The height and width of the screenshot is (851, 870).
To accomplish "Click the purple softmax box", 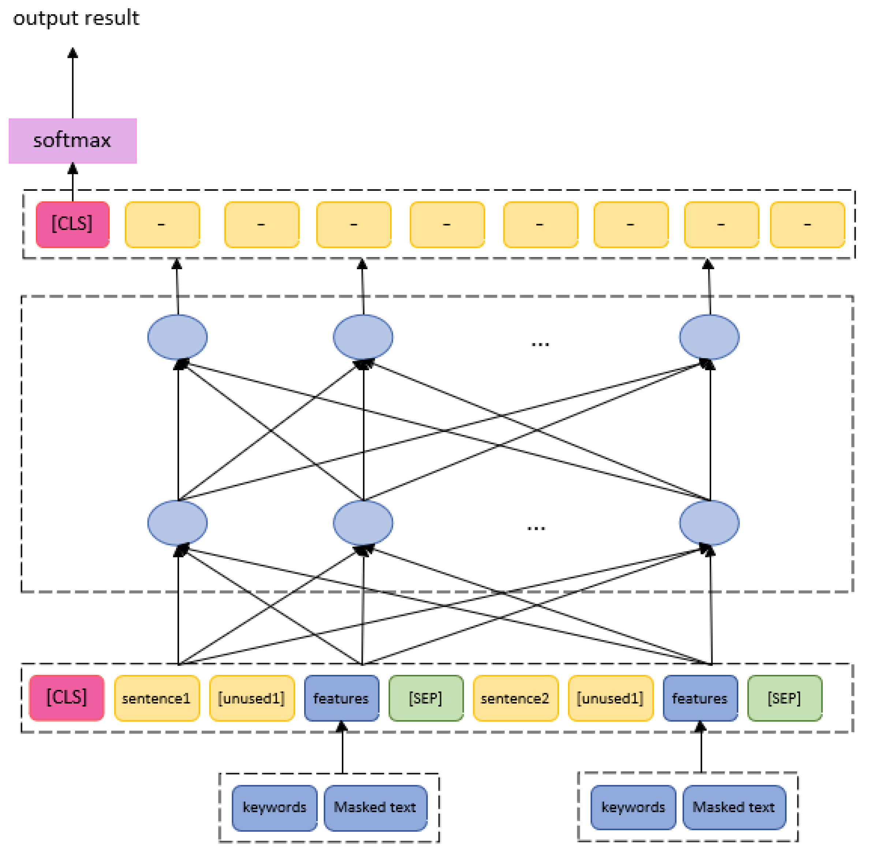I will click(x=72, y=141).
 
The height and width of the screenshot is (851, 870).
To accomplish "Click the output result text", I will click(x=76, y=18).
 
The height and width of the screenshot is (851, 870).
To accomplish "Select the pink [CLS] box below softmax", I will click(x=72, y=224).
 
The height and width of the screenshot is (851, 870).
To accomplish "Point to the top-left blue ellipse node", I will click(x=178, y=337).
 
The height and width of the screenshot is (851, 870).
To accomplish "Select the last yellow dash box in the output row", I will click(x=807, y=224).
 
